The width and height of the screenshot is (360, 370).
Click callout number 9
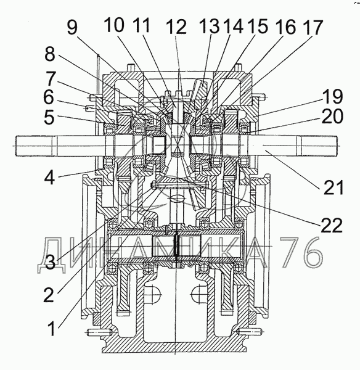(72, 27)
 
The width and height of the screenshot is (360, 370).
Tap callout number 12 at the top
(176, 27)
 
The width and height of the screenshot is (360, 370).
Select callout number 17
(313, 27)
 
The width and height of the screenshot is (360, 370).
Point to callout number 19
(333, 97)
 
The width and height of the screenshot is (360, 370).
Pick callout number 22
(332, 225)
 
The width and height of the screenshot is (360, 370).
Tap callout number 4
(49, 177)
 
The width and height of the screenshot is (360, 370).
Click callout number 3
(51, 263)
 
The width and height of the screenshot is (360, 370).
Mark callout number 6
(49, 97)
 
